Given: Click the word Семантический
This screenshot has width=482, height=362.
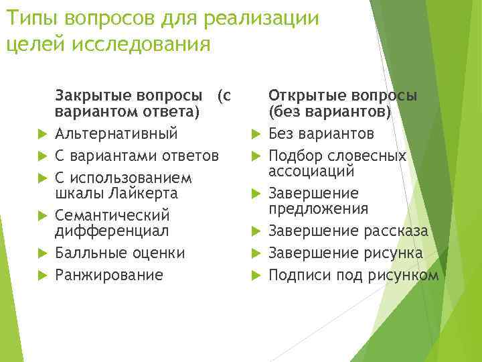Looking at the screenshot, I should click(112, 216).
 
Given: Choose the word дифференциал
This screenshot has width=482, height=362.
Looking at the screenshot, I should click(112, 231).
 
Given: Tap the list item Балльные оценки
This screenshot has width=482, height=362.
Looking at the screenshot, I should click(120, 253).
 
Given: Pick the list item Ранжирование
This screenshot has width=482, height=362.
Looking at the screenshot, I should click(108, 275).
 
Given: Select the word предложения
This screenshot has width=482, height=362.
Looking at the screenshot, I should click(318, 208).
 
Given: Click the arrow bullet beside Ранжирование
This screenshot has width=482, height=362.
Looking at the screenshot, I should click(41, 276).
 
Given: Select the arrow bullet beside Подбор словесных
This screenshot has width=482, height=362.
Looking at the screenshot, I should click(255, 156).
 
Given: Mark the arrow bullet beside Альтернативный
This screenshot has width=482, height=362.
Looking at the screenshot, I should click(41, 133).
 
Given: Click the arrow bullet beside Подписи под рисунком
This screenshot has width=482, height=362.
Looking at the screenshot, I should click(255, 276).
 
